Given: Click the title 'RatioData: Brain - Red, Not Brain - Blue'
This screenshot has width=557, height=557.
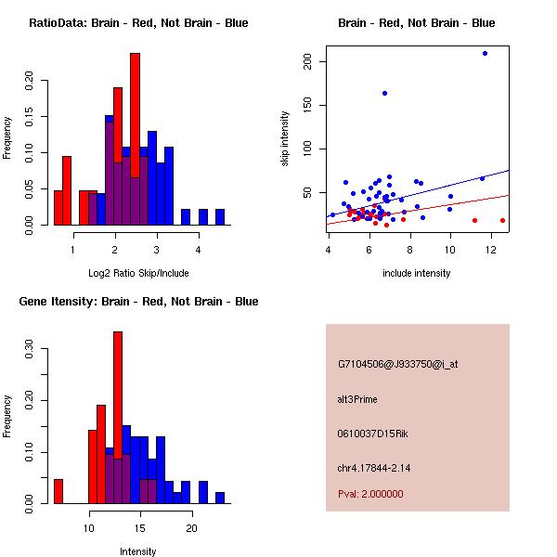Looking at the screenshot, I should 138,23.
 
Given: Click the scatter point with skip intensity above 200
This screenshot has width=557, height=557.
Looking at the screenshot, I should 485,53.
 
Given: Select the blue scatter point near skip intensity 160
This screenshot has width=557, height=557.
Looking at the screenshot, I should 384,93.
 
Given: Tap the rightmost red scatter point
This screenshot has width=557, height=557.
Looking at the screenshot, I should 502,220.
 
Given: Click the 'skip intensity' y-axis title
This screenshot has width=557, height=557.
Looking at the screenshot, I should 286,138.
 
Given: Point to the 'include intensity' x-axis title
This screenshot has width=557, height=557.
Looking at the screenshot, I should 417,273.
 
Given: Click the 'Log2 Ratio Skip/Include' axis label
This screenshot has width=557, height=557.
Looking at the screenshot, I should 138,273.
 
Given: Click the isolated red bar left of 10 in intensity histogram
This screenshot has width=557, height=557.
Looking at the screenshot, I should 58,491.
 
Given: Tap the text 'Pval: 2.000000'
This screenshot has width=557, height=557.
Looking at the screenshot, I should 370,494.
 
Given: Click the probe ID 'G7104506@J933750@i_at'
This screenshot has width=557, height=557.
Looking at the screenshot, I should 397,364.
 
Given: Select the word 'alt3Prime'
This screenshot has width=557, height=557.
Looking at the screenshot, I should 357,399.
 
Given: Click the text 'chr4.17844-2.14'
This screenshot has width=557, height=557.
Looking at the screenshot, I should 374,467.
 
